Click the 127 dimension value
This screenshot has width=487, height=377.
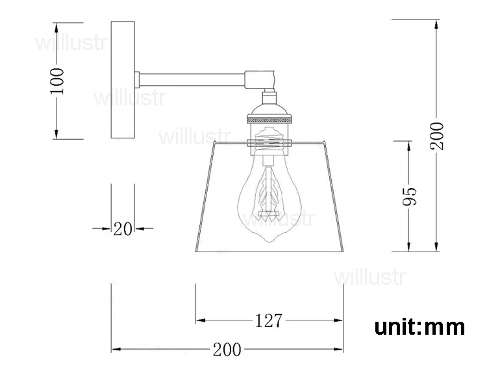click(x=269, y=320)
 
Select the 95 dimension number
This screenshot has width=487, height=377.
click(x=409, y=196)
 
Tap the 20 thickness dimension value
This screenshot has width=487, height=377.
click(x=122, y=229)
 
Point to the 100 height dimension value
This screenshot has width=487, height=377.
click(x=57, y=81)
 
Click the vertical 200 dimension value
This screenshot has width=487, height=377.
click(x=437, y=136)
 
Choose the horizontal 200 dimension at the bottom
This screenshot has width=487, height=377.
click(x=227, y=349)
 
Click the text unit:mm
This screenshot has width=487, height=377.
click(x=419, y=327)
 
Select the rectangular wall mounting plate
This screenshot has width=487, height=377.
click(x=123, y=80)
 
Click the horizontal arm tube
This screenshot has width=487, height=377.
click(x=192, y=79)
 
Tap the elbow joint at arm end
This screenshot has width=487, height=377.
click(x=260, y=80)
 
